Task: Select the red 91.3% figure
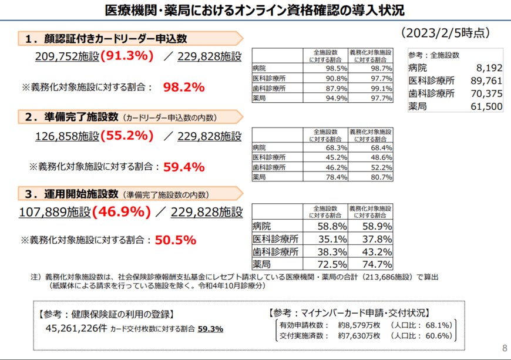click(127, 56)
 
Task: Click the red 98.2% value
click(183, 87)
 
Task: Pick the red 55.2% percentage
click(127, 136)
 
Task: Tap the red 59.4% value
click(183, 166)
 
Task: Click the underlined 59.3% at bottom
click(210, 329)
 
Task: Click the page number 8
click(503, 346)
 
